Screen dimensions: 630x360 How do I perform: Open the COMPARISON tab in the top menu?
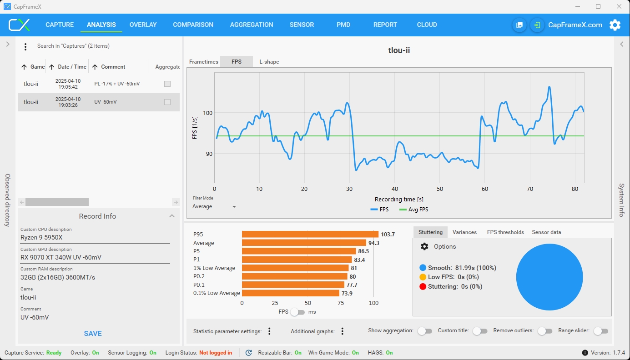pyautogui.click(x=193, y=25)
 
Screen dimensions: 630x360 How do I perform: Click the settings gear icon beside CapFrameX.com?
pyautogui.click(x=615, y=25)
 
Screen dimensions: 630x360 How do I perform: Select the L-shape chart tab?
pyautogui.click(x=269, y=62)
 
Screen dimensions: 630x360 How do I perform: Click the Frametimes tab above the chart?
pyautogui.click(x=204, y=62)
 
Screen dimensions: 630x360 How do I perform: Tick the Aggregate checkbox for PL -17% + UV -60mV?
pyautogui.click(x=167, y=84)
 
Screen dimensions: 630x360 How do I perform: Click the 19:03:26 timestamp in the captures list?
pyautogui.click(x=68, y=105)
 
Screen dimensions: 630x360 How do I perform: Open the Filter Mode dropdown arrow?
pyautogui.click(x=234, y=207)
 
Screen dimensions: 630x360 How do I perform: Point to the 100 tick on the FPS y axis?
pyautogui.click(x=207, y=113)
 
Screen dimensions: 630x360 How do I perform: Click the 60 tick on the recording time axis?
pyautogui.click(x=484, y=189)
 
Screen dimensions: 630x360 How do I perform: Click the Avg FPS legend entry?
pyautogui.click(x=414, y=210)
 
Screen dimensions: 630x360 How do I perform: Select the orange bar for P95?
pyautogui.click(x=310, y=235)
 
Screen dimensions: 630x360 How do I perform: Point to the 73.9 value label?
pyautogui.click(x=347, y=293)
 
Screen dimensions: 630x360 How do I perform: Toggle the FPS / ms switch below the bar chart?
pyautogui.click(x=297, y=312)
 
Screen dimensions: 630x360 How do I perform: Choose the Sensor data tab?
pyautogui.click(x=546, y=232)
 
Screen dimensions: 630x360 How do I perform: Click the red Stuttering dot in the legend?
pyautogui.click(x=423, y=287)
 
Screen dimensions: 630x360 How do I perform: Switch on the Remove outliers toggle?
pyautogui.click(x=545, y=331)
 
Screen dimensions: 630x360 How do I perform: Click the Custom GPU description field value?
pyautogui.click(x=61, y=257)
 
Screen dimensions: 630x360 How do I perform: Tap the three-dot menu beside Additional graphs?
pyautogui.click(x=342, y=331)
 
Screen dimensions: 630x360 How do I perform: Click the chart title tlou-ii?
pyautogui.click(x=399, y=50)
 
